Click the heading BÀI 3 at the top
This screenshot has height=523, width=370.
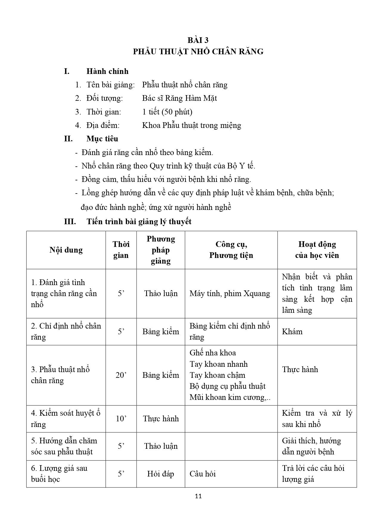click(x=198, y=40)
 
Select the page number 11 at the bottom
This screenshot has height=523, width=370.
click(x=198, y=496)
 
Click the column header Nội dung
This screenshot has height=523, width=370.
click(x=66, y=250)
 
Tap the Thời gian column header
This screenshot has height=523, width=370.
click(x=121, y=250)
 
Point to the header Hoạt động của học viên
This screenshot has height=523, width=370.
click(x=317, y=250)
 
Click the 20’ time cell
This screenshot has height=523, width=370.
click(x=121, y=375)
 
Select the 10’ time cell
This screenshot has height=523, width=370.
click(x=121, y=419)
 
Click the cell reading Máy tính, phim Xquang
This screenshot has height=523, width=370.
click(x=230, y=294)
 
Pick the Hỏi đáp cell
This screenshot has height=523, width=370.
click(x=160, y=474)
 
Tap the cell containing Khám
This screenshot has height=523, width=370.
click(x=292, y=332)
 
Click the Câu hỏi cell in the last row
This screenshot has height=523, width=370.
click(x=203, y=474)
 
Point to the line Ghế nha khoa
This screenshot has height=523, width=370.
click(x=213, y=353)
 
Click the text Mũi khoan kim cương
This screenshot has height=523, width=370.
click(x=230, y=397)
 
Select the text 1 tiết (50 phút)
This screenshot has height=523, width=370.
click(x=167, y=112)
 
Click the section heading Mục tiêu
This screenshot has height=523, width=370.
click(x=102, y=139)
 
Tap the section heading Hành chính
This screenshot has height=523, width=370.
click(x=107, y=71)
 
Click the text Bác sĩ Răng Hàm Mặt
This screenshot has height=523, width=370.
click(x=179, y=98)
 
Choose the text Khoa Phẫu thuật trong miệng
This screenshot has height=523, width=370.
click(x=191, y=125)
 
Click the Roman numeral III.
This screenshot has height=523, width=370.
click(x=70, y=222)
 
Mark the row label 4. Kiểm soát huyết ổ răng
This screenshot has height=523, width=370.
click(x=66, y=419)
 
